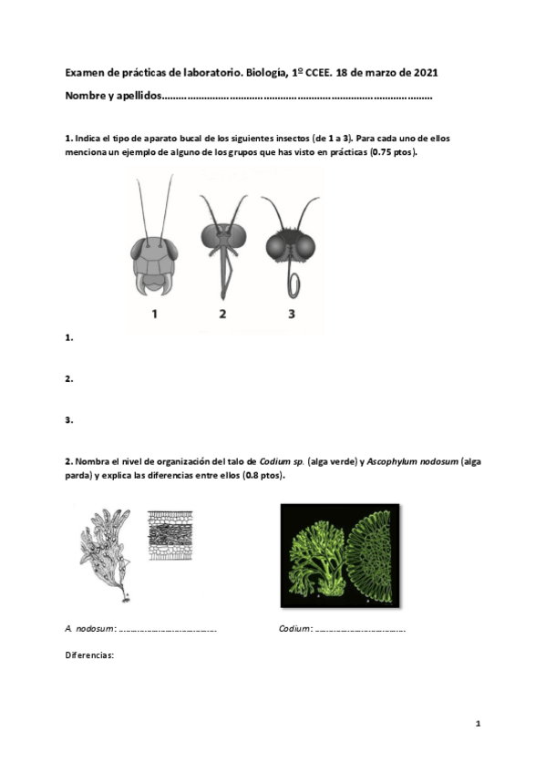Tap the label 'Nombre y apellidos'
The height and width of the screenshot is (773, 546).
(113, 95)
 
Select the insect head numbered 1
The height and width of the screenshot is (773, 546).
(154, 255)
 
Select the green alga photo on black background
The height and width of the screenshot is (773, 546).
(339, 554)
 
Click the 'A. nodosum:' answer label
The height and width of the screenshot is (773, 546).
(90, 629)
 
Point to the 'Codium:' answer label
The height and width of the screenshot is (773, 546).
(295, 629)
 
